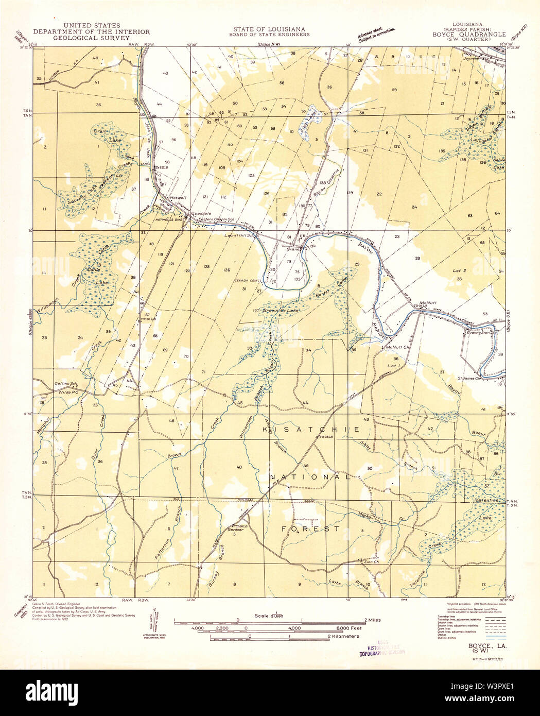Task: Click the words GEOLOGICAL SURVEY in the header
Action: pyautogui.click(x=91, y=38)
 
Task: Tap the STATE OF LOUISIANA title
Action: pyautogui.click(x=271, y=29)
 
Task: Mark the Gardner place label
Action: pyautogui.click(x=234, y=530)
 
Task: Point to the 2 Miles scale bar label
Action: pyautogui.click(x=369, y=620)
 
